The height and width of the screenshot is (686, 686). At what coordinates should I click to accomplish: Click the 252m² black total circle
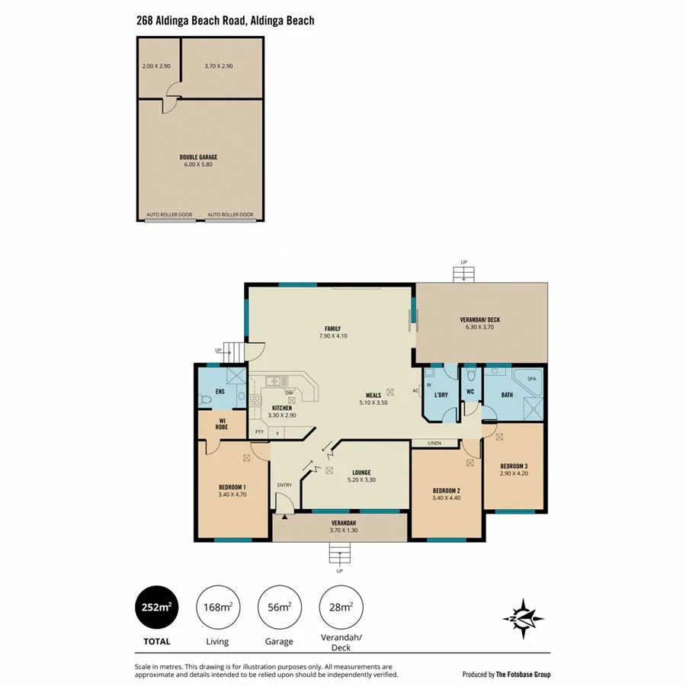pos(156,607)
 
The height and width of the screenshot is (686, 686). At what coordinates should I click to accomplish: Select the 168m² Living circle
pos(218,607)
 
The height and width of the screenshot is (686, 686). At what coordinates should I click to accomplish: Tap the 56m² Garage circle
pos(279,607)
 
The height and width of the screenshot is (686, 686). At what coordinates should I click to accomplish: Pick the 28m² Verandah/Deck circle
pos(340,607)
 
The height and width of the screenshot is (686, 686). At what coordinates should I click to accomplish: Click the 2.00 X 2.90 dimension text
pos(156,66)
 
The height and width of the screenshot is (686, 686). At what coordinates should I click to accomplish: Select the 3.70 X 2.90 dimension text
pos(218,66)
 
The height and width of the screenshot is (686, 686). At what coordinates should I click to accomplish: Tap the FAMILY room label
pos(332,329)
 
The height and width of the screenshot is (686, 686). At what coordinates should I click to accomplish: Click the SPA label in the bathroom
pos(531,378)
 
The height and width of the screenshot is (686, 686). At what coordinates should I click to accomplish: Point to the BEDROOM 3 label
pos(514,466)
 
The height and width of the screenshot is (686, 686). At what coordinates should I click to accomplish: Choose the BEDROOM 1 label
pos(232,487)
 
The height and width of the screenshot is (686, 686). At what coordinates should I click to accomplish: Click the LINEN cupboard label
pos(434,443)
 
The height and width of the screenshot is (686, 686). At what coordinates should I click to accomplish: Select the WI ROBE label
pos(222,425)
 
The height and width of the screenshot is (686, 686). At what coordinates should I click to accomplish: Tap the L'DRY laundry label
pos(441,395)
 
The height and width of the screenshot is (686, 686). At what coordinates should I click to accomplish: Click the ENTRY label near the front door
pos(284,485)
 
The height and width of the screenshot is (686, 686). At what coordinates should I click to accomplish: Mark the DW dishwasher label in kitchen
pos(290,393)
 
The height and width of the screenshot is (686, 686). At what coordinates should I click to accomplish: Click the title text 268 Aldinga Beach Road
pos(225,21)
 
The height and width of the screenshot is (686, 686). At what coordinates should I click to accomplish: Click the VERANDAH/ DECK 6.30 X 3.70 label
pos(479,323)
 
